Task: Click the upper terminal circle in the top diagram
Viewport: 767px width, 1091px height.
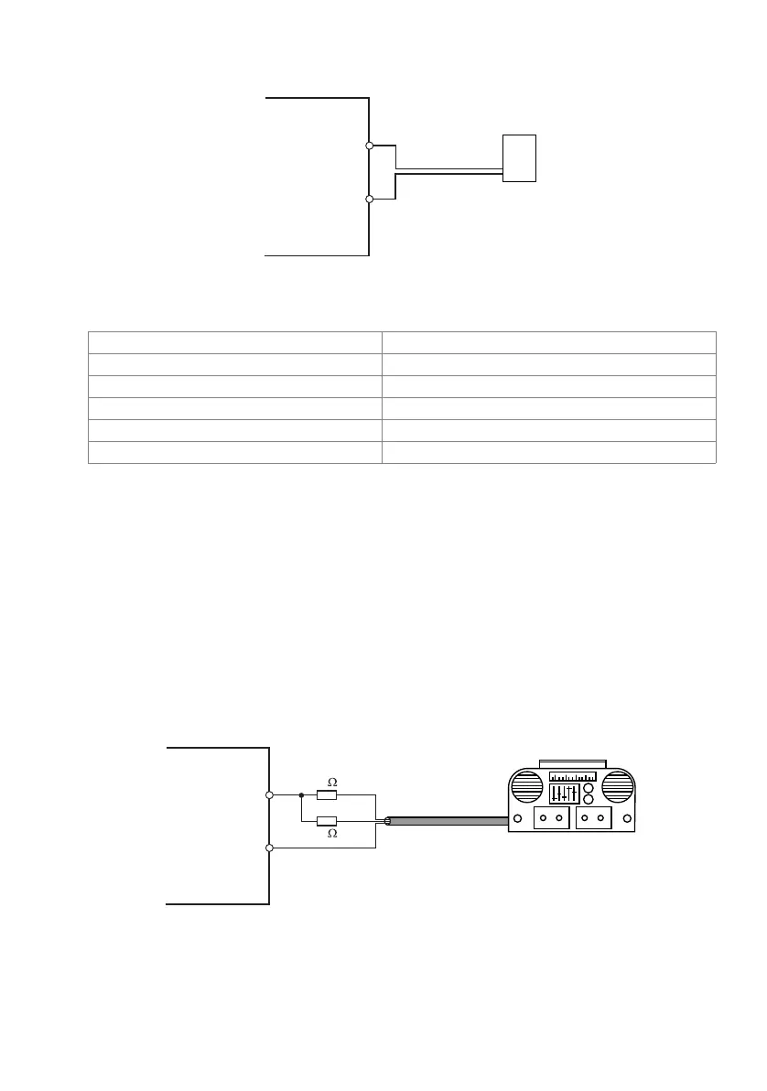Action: pyautogui.click(x=369, y=146)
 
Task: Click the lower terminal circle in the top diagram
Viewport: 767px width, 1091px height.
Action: pyautogui.click(x=369, y=199)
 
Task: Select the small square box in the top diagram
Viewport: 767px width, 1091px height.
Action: pyautogui.click(x=519, y=157)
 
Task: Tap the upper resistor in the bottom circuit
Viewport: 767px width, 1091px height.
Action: pyautogui.click(x=327, y=794)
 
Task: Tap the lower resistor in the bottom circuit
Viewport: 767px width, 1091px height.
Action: pyautogui.click(x=327, y=821)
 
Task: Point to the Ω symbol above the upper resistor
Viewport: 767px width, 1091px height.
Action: pyautogui.click(x=332, y=783)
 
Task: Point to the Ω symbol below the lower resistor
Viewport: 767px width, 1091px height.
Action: pyautogui.click(x=332, y=834)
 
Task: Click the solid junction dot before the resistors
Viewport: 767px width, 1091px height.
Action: pyautogui.click(x=301, y=794)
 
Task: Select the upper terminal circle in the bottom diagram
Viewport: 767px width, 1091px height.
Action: pyautogui.click(x=269, y=794)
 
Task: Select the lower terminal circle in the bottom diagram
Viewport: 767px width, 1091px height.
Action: pyautogui.click(x=269, y=848)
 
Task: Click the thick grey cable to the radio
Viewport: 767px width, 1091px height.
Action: pyautogui.click(x=448, y=821)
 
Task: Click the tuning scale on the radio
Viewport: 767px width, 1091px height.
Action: pyautogui.click(x=572, y=776)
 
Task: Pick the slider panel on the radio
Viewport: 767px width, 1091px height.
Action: pyautogui.click(x=563, y=795)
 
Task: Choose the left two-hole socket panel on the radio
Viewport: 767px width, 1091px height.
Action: pyautogui.click(x=551, y=818)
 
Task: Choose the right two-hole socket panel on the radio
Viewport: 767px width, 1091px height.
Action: pyautogui.click(x=594, y=818)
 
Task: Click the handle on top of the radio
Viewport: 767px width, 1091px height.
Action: pyautogui.click(x=573, y=762)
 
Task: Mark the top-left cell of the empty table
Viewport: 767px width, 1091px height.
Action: pyautogui.click(x=234, y=342)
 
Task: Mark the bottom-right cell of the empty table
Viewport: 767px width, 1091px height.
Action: pyautogui.click(x=548, y=452)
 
